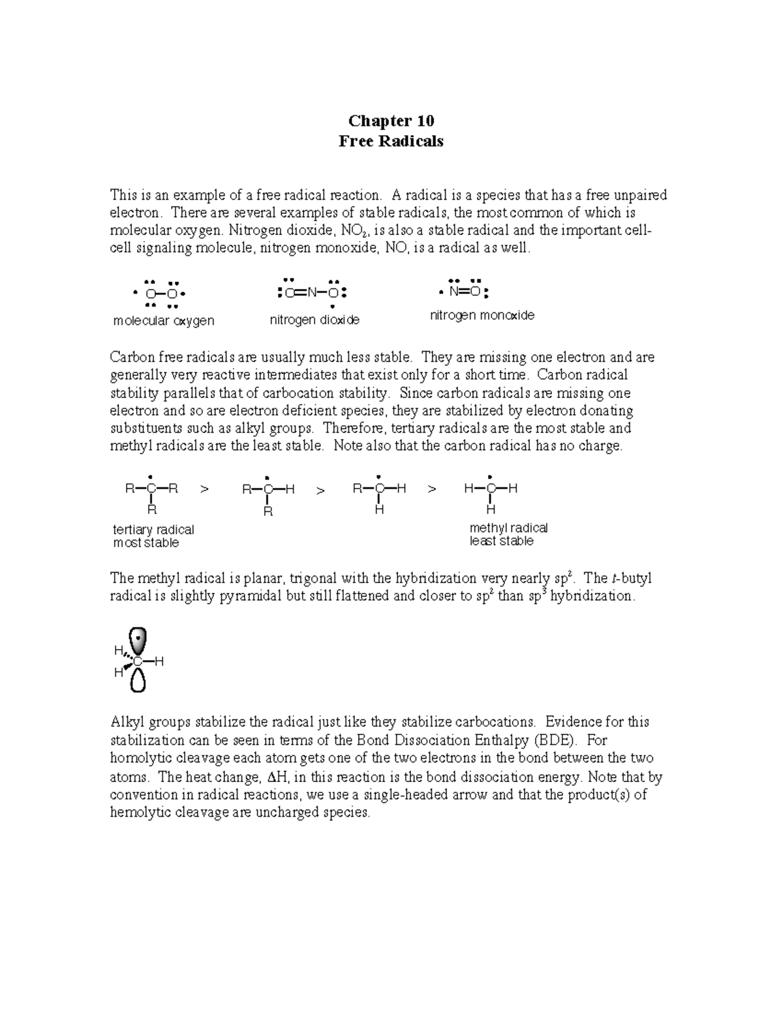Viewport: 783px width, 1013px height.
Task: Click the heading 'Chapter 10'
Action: [x=391, y=121]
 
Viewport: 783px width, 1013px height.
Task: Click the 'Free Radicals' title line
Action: [x=391, y=141]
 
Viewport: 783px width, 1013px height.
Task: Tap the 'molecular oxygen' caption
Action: [x=164, y=321]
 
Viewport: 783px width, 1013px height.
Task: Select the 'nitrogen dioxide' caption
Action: [x=315, y=320]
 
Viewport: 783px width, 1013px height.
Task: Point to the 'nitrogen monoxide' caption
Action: [x=482, y=316]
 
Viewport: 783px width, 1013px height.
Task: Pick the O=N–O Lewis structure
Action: [x=311, y=292]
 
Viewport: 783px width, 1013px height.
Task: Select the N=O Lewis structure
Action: [x=465, y=291]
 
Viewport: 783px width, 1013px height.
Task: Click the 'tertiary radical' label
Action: [x=153, y=530]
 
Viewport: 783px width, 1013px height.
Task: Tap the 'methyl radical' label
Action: [x=508, y=528]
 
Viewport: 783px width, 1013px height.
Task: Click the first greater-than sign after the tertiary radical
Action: [x=204, y=489]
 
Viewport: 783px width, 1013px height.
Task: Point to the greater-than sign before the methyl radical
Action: [x=431, y=489]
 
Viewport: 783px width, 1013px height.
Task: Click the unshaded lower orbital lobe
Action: [x=138, y=681]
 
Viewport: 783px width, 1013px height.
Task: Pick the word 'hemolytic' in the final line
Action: [x=138, y=813]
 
